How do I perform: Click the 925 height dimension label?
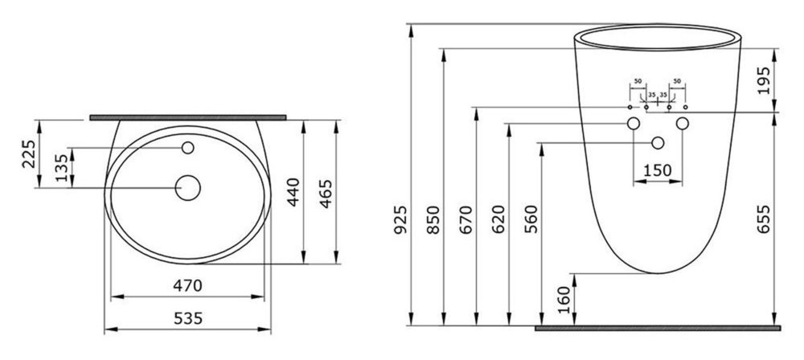point(400,219)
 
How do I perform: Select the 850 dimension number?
point(434,219)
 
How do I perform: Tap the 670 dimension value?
point(466,219)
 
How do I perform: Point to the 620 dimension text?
point(499,219)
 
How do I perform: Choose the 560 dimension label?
point(531,219)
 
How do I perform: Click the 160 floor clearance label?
point(564,300)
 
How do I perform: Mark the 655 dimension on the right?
point(764,219)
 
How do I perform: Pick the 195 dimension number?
point(764,80)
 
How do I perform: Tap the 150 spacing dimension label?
point(658,170)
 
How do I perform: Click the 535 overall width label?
point(188,318)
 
